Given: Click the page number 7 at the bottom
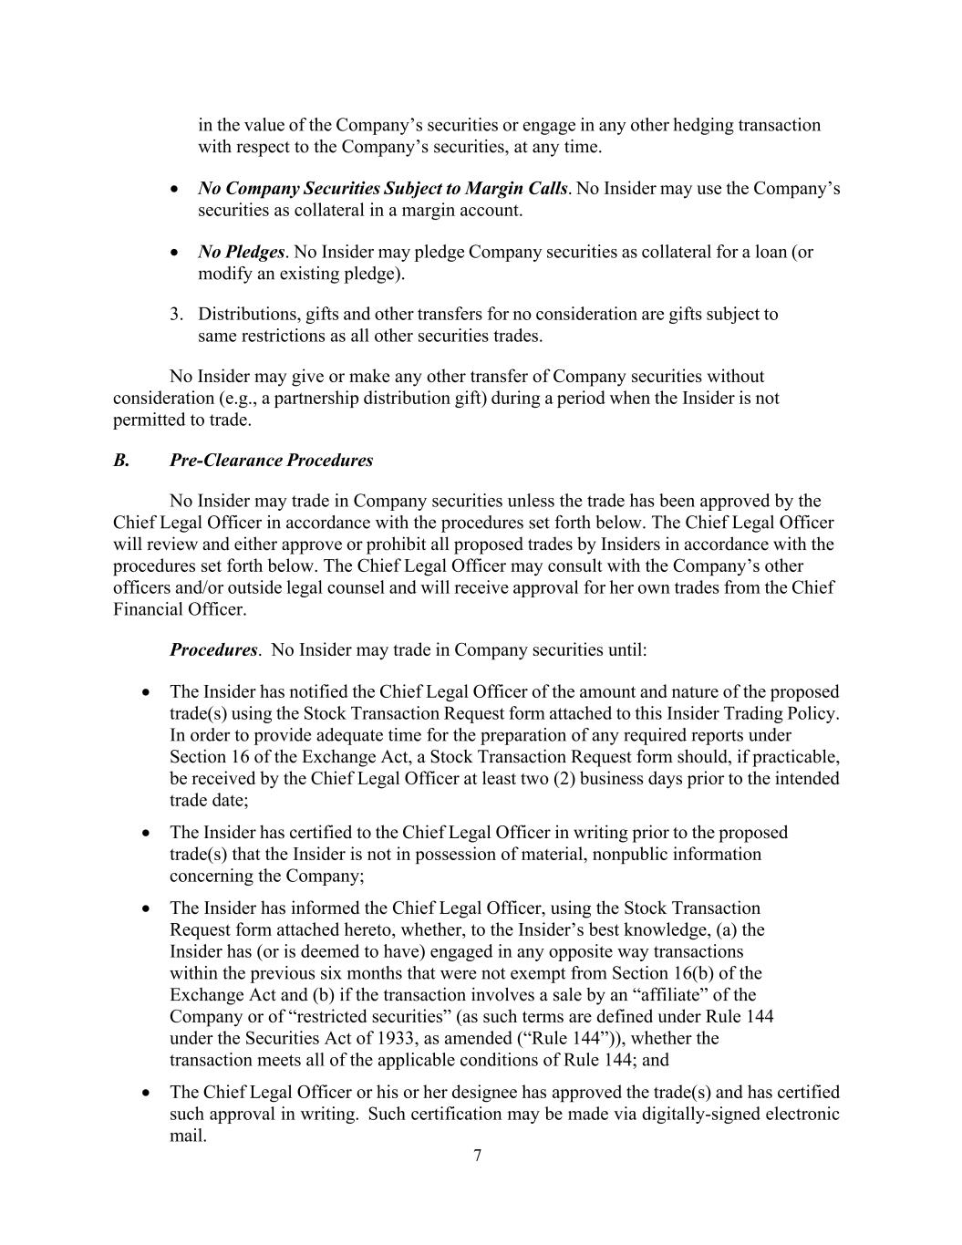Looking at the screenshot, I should (478, 1156).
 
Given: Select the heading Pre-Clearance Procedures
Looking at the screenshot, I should (271, 461).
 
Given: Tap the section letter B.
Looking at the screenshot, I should (120, 461).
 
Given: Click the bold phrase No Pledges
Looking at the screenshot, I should (241, 252).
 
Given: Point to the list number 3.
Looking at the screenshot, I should (176, 315).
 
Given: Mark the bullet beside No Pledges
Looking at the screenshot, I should (175, 253).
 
